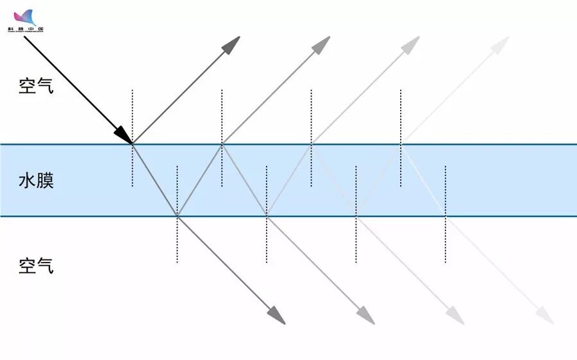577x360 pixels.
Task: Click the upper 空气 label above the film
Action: (36, 85)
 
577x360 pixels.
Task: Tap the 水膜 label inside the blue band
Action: (36, 180)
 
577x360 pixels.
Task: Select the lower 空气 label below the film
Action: (36, 265)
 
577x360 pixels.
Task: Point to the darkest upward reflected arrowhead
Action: (231, 44)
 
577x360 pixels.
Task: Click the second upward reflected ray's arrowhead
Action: (321, 44)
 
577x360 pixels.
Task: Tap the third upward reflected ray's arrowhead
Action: (411, 44)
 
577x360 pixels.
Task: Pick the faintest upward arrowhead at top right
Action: (501, 44)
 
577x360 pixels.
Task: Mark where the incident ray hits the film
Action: (133, 144)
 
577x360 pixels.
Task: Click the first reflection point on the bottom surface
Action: (177, 217)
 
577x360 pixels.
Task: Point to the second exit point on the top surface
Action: (312, 144)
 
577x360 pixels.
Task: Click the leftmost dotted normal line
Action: (133, 115)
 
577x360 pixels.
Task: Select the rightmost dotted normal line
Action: (446, 243)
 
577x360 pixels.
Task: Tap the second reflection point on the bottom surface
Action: (267, 217)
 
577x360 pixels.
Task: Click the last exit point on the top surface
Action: (401, 144)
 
